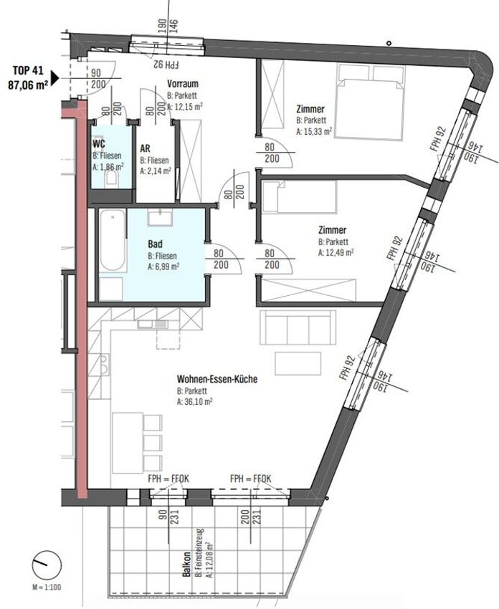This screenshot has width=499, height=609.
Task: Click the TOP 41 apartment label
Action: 28,71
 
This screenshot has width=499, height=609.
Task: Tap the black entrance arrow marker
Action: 55,77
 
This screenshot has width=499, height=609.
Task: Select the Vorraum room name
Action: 183,84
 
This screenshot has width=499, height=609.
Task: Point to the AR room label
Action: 146,148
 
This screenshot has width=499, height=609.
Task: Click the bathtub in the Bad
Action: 113,241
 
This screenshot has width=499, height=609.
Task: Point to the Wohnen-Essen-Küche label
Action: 217,379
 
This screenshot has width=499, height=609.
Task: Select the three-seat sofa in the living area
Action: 298,327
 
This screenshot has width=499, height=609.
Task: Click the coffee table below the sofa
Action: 298,363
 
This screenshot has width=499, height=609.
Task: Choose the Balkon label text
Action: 187,564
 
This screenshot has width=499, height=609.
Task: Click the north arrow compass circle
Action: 47,565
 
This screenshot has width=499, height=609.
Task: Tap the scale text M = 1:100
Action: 47,587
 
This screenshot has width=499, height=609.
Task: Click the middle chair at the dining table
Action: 152,443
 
